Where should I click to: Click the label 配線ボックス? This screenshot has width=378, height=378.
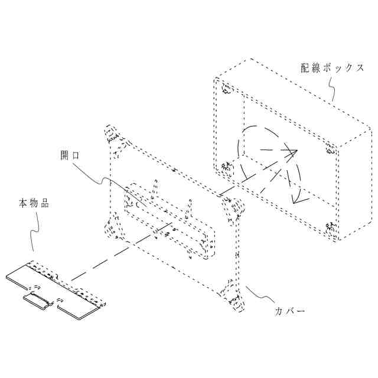click(332, 68)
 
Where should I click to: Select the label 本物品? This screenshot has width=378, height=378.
click(33, 203)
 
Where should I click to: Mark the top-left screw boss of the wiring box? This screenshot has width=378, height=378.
click(227, 90)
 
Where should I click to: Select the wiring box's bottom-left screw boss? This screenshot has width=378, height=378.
click(226, 168)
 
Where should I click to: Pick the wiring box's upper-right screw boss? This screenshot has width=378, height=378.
click(330, 148)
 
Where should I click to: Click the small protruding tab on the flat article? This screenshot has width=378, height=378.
click(39, 301)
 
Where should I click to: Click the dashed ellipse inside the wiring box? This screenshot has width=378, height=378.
click(269, 163)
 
